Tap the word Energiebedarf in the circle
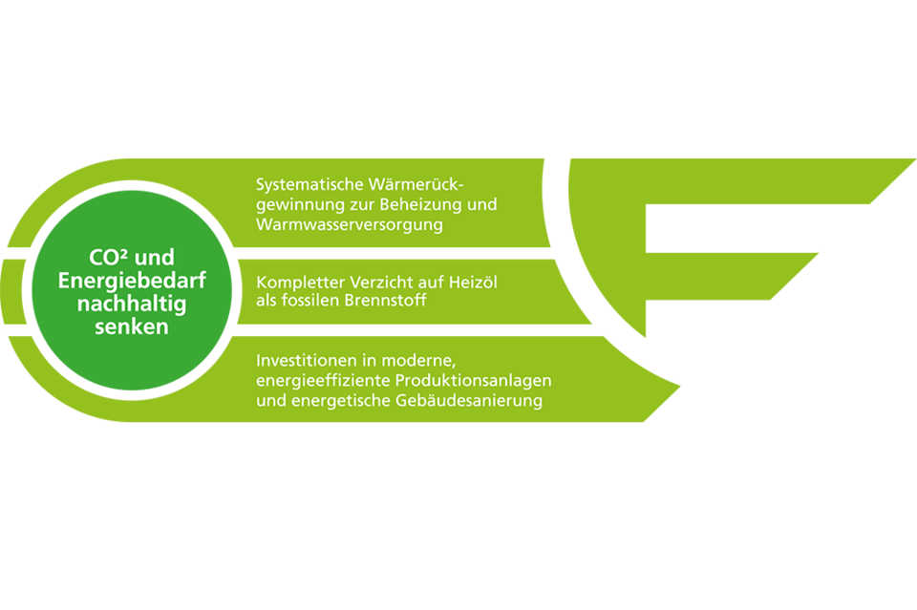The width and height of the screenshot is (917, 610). (x=132, y=281)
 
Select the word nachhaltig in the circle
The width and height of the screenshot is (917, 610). (x=132, y=304)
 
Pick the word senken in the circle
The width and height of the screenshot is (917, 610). (x=132, y=326)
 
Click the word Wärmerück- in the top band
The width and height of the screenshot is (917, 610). (x=420, y=182)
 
